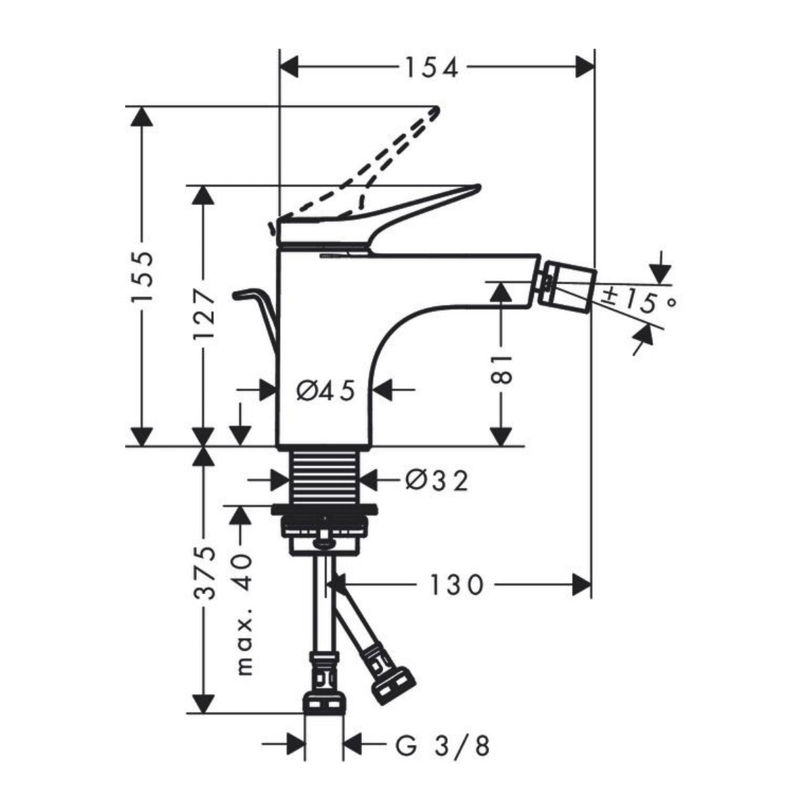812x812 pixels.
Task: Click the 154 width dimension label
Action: (x=432, y=67)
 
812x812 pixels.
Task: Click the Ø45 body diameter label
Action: (x=325, y=390)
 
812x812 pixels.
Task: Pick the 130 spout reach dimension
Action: (x=456, y=584)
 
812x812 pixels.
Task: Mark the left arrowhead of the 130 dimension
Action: (x=338, y=584)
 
